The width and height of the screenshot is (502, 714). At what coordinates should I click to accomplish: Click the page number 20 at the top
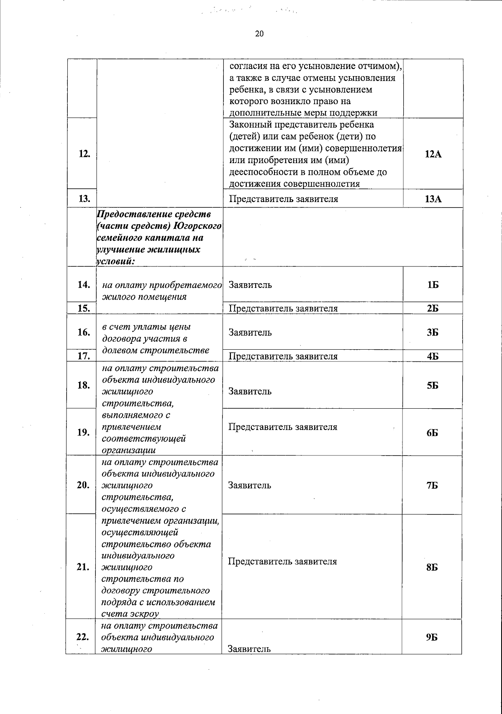coord(259,34)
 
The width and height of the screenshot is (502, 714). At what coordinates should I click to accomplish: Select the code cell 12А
coord(433,154)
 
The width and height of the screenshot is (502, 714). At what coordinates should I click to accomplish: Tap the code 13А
coord(433,199)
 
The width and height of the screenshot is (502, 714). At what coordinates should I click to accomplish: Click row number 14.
coord(84,285)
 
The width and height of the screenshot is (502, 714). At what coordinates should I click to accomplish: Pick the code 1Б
coord(433,285)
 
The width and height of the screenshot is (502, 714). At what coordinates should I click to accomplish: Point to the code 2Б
coord(433,309)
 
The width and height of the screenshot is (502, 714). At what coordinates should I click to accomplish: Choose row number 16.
coord(84,333)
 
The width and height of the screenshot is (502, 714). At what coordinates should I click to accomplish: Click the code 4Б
coord(433,356)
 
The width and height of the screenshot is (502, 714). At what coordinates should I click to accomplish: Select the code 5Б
coord(433,386)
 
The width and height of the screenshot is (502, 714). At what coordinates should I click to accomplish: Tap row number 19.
coord(84,432)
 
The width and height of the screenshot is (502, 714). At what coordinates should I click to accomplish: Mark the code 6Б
coord(433,433)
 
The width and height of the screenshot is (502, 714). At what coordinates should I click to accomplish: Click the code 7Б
coord(433,486)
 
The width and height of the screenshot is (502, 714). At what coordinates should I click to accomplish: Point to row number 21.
coord(84,567)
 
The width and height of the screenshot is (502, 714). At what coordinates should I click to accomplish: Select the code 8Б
coord(433,568)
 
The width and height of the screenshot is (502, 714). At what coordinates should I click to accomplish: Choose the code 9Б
coord(433,637)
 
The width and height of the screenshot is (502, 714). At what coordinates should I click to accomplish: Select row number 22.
coord(84,637)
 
